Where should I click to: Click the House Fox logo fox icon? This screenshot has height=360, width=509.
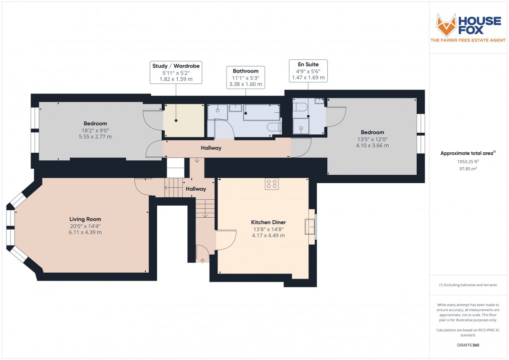tap(446, 24)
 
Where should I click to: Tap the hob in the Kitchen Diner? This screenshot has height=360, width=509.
tap(272, 183)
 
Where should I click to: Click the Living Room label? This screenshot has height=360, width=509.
tap(85, 219)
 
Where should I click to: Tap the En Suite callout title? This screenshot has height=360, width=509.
tap(307, 64)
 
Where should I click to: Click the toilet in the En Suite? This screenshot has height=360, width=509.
tap(300, 107)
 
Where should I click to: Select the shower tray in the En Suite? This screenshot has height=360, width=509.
tap(301, 127)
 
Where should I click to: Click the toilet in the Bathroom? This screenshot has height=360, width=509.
tap(273, 127)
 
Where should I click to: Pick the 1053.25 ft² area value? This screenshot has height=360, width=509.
tap(469, 162)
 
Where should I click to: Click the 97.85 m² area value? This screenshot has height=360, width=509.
tap(469, 169)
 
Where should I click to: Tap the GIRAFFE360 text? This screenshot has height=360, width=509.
tap(469, 345)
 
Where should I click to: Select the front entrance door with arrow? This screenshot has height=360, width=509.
tap(203, 253)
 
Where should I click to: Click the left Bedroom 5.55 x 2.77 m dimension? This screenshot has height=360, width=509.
tap(95, 136)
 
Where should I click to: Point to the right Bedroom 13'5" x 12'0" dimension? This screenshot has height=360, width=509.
tap(372, 139)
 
